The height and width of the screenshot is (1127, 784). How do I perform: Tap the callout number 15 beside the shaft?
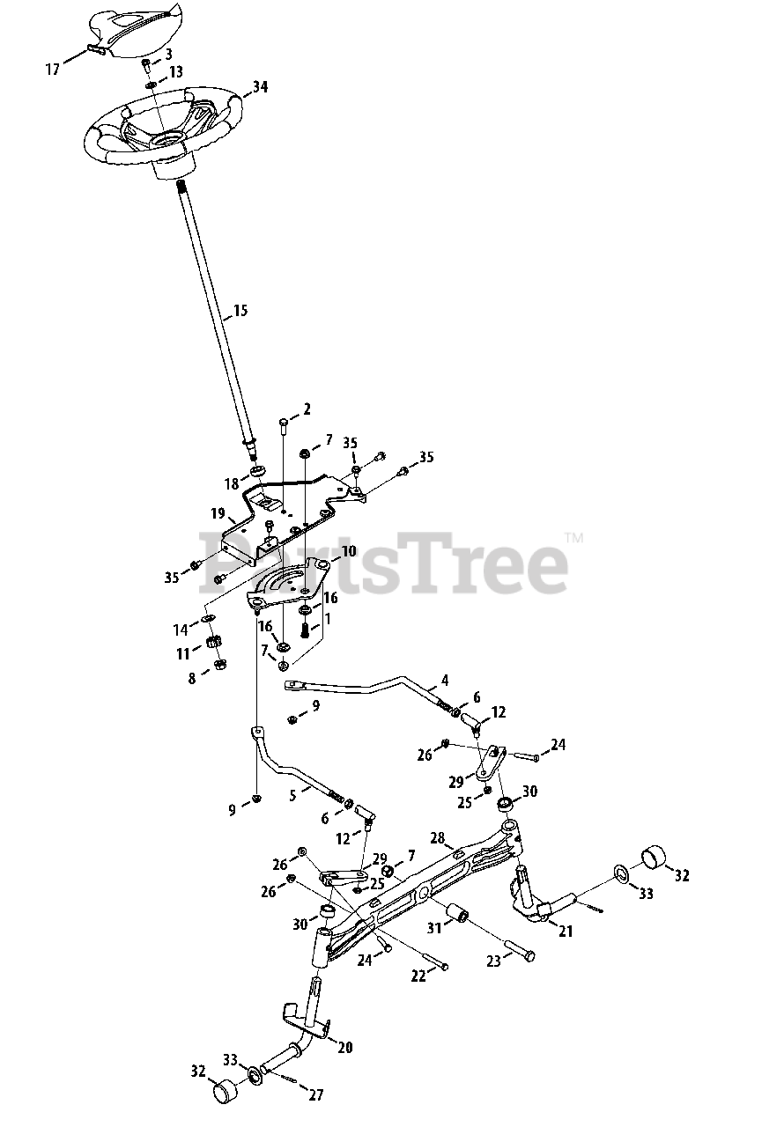click(x=240, y=311)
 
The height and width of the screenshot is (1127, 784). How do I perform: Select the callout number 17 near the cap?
click(x=53, y=69)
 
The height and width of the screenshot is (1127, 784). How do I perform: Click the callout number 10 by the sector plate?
click(x=349, y=551)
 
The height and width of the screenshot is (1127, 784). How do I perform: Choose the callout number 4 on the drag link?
click(x=445, y=680)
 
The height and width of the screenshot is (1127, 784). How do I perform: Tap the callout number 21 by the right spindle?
click(x=565, y=932)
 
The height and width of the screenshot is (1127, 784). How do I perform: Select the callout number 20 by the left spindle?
click(x=345, y=1047)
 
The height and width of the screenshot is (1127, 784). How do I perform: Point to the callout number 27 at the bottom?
click(x=315, y=1095)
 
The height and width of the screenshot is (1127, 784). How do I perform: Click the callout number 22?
click(x=418, y=976)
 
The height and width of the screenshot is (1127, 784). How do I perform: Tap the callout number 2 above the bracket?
click(x=307, y=409)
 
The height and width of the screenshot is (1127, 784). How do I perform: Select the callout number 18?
click(x=231, y=483)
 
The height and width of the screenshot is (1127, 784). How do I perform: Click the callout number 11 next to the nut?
click(x=183, y=653)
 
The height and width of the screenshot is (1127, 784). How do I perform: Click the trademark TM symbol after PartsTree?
click(x=573, y=536)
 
